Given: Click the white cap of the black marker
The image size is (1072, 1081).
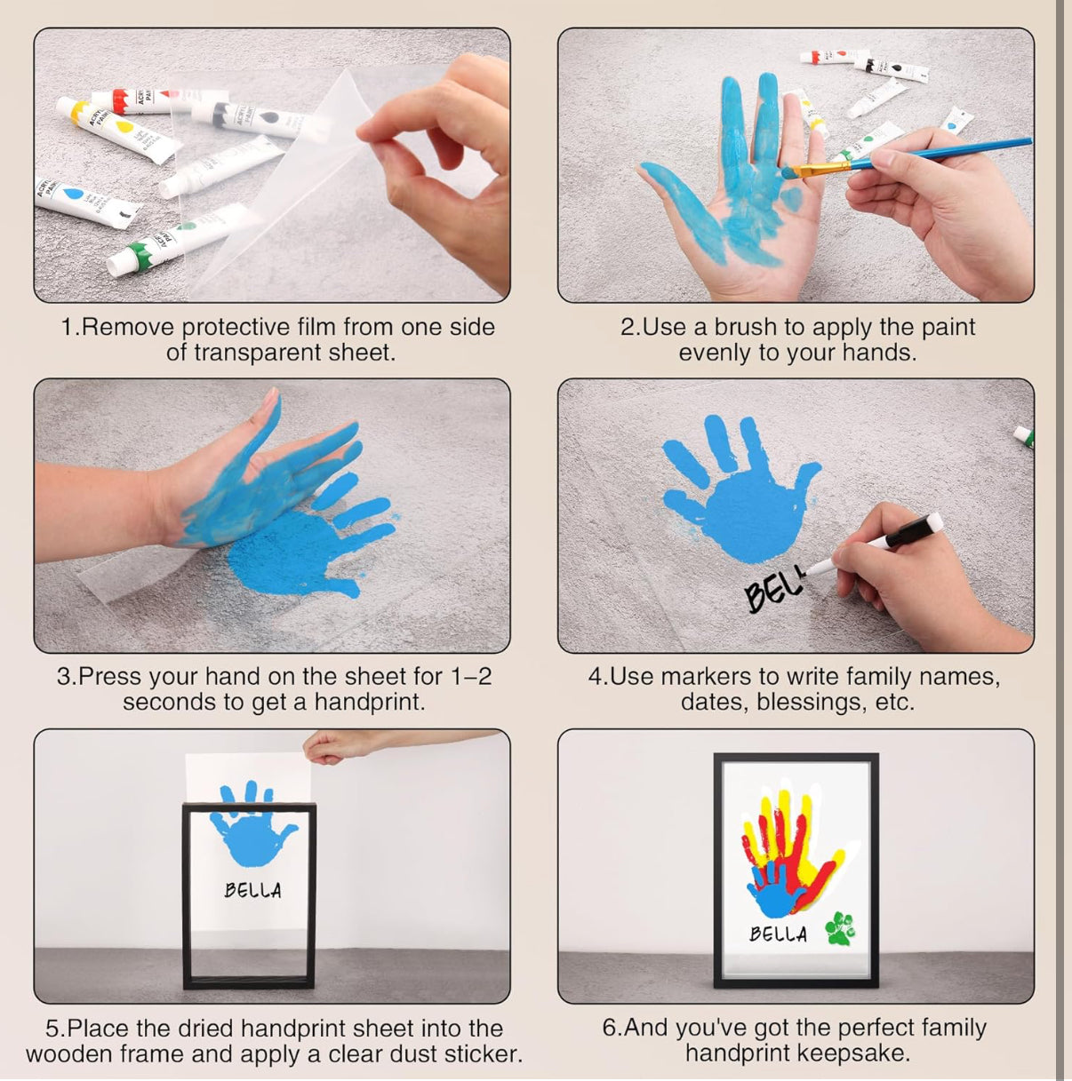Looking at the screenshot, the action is click(x=932, y=523).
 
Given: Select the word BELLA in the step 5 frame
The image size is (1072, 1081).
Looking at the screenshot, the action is click(x=252, y=890).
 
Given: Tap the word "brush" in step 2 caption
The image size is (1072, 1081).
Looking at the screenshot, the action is click(x=749, y=327).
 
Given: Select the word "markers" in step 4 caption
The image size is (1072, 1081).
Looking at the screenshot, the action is click(x=706, y=677).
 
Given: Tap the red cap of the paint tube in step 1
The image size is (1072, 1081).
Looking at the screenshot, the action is click(x=119, y=99).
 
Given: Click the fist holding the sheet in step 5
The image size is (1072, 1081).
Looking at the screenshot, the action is click(x=325, y=747).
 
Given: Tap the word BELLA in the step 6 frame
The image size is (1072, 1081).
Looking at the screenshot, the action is click(x=779, y=934).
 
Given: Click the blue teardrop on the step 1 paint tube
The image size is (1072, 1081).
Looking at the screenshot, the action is click(x=71, y=195).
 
